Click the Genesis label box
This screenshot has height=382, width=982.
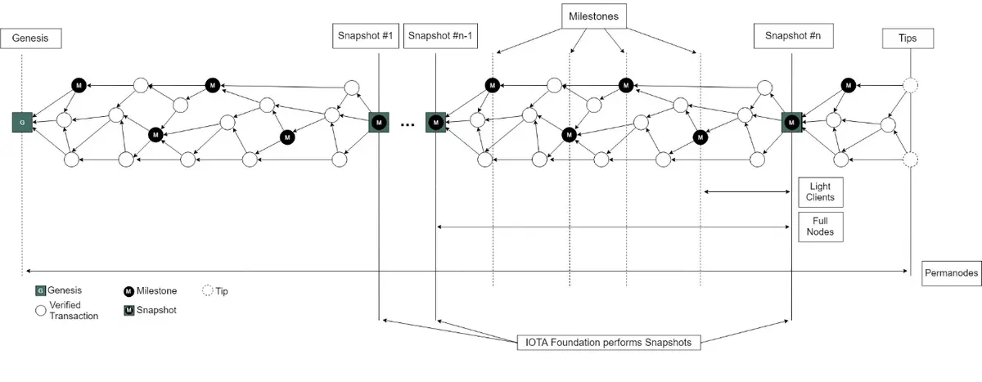pyautogui.click(x=31, y=38)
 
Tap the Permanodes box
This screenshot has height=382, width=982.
pyautogui.click(x=951, y=274)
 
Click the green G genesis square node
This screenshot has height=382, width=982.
pyautogui.click(x=22, y=122)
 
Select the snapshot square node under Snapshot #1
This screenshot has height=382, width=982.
pyautogui.click(x=379, y=122)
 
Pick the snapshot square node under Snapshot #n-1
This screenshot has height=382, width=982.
pyautogui.click(x=436, y=122)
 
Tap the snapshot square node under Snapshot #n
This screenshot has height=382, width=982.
pyautogui.click(x=791, y=122)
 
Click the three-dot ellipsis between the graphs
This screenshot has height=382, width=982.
pyautogui.click(x=408, y=124)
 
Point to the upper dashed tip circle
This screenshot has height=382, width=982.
pyautogui.click(x=910, y=85)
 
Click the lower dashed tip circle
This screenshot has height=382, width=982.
pyautogui.click(x=910, y=160)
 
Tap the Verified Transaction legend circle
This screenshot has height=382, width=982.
pyautogui.click(x=39, y=310)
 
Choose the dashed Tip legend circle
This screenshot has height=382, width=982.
pyautogui.click(x=207, y=290)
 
